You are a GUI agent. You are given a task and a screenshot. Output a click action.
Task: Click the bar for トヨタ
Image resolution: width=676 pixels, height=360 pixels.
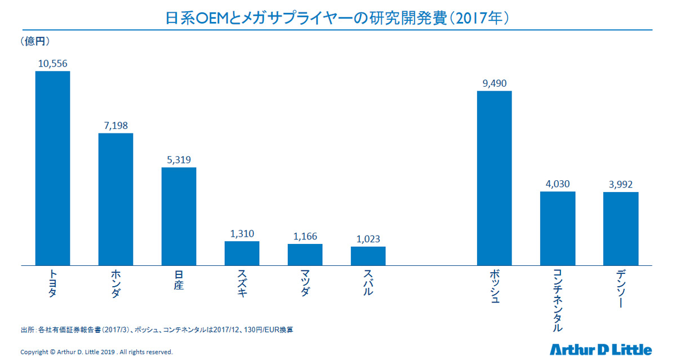[x=52, y=168]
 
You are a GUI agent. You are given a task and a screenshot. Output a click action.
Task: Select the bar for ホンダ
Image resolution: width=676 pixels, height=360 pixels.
[x=115, y=199]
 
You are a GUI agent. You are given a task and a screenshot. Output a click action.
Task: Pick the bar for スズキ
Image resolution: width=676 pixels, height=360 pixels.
[x=242, y=253]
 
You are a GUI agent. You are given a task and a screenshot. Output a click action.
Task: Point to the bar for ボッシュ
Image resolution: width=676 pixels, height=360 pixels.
[x=494, y=177]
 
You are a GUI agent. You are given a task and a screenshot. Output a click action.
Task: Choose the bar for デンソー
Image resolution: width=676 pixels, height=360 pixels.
[x=620, y=228]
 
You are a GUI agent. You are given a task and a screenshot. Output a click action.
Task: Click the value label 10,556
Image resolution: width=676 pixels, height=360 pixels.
[x=52, y=64]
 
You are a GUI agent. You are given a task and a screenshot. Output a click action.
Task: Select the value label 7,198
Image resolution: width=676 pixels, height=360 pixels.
[x=115, y=126]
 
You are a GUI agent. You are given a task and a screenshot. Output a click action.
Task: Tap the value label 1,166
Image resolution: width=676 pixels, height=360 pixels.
[x=305, y=237]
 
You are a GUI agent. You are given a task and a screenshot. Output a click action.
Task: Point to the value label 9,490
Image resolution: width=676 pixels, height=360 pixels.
[x=494, y=83]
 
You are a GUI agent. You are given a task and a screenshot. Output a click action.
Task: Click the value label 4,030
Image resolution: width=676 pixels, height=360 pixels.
[x=557, y=184]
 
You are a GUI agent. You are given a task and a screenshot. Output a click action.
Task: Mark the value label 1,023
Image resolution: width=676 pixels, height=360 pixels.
[x=368, y=239]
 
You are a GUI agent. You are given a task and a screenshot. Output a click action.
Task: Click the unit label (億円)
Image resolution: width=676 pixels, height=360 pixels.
[x=35, y=41]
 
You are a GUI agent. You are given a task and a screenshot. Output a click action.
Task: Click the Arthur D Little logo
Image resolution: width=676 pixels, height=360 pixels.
[x=601, y=349]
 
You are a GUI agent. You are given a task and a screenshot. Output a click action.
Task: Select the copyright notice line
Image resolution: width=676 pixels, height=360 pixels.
[x=96, y=352]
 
